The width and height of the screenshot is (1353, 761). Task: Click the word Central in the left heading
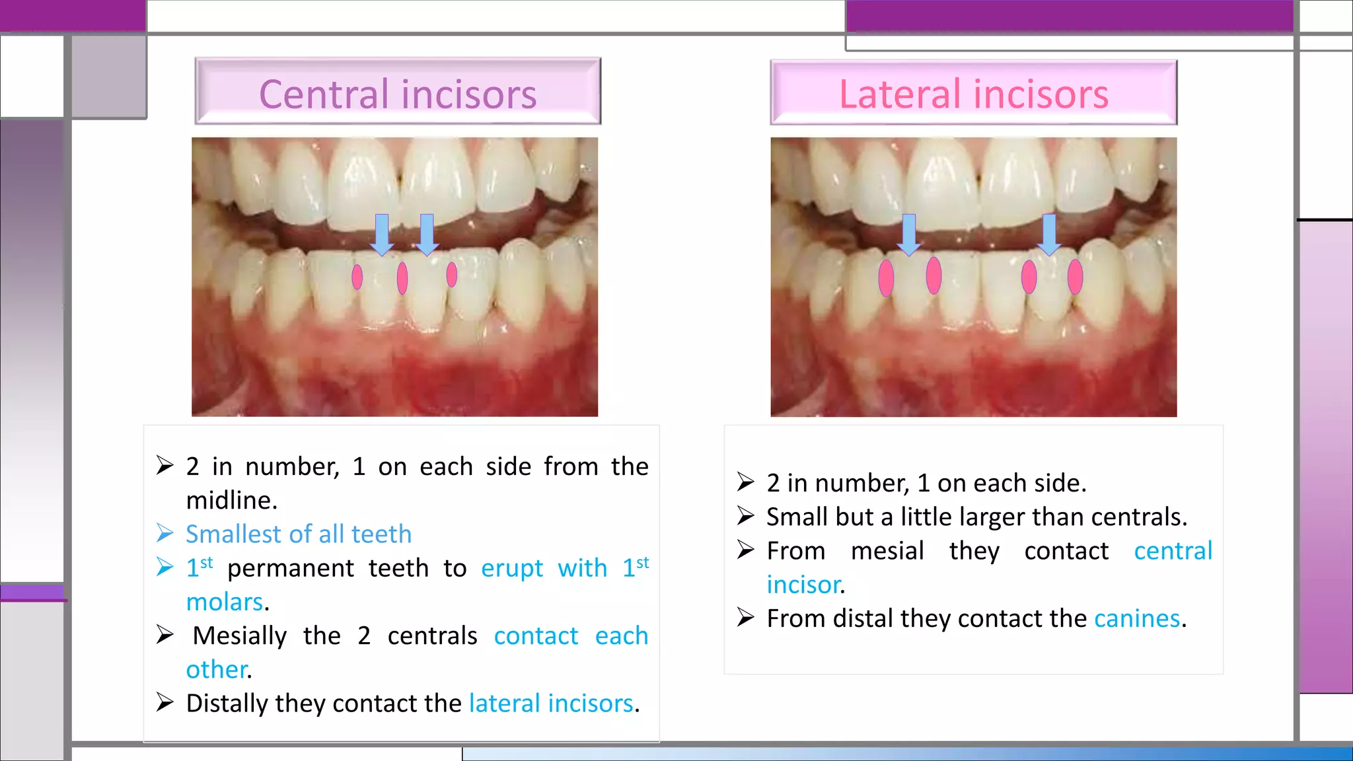pos(323,94)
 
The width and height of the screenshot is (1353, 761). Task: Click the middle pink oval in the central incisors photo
pos(402,278)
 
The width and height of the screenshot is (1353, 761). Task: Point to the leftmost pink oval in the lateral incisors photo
pos(886,277)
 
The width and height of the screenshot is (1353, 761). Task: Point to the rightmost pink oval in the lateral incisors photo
pos(1075,277)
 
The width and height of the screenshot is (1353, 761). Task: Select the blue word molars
pos(224,602)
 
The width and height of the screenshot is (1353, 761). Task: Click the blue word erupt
pos(511,568)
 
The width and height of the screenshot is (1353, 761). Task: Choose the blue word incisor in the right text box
pos(803,585)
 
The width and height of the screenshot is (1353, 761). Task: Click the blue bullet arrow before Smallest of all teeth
pos(165,533)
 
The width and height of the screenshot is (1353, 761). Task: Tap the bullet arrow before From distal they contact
pos(745,618)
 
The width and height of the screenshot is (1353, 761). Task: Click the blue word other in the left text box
pos(216,669)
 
